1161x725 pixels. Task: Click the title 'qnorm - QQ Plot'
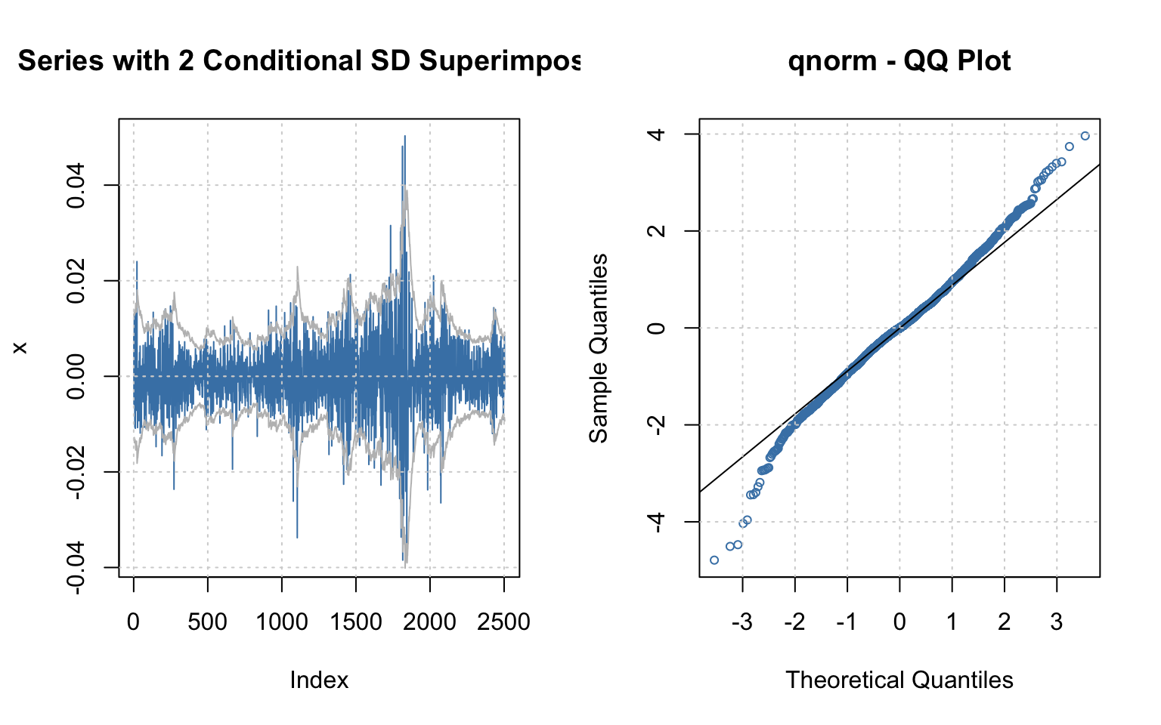(899, 61)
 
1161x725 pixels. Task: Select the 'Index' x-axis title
(319, 680)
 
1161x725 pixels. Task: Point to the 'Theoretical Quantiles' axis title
(899, 680)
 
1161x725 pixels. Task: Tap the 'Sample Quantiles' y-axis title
(599, 348)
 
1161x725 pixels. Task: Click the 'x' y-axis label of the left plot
(20, 347)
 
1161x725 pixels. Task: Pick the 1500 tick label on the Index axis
(356, 622)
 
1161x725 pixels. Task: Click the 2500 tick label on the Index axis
(504, 622)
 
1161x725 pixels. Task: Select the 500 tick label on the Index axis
(207, 622)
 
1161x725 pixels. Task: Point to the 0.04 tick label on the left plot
(78, 186)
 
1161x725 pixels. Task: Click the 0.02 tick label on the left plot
(78, 281)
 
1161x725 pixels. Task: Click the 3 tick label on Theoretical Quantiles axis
(1057, 622)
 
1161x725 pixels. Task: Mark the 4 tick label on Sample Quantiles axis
(658, 134)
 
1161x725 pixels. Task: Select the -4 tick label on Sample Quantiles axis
(658, 521)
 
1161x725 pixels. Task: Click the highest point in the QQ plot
(1085, 136)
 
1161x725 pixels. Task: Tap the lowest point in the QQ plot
(714, 560)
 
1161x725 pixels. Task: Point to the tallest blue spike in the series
(404, 137)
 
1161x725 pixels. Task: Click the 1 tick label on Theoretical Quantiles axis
(952, 622)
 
